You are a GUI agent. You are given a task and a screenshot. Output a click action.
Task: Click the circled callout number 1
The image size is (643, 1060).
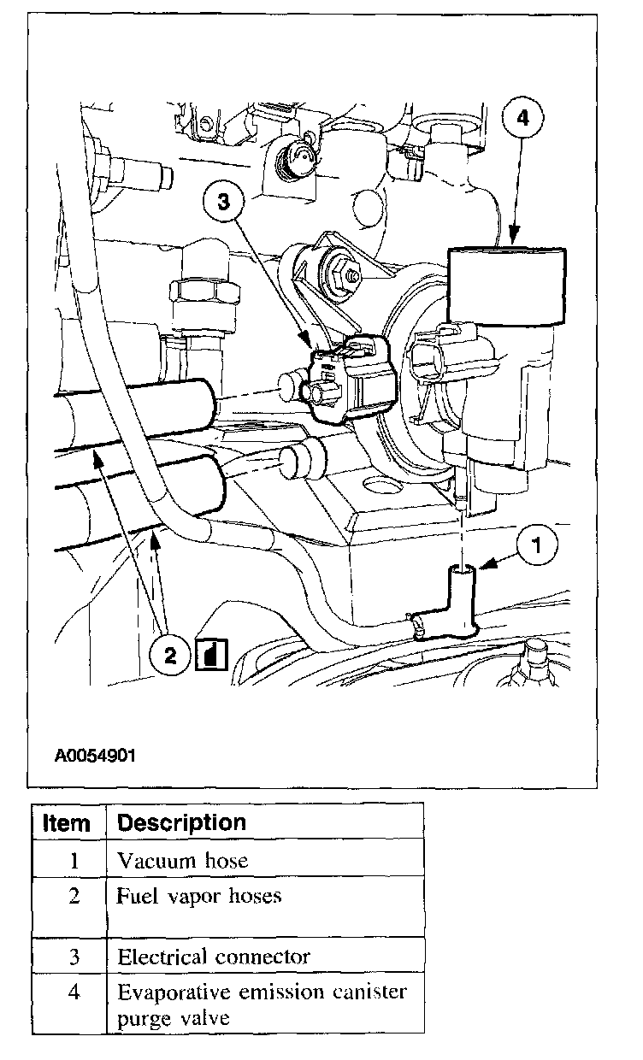click(x=536, y=545)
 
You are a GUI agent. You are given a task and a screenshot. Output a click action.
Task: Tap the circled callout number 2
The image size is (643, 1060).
click(x=170, y=655)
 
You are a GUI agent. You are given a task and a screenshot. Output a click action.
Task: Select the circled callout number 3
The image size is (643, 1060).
click(x=223, y=203)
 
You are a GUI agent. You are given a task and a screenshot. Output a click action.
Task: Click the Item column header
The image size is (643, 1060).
click(x=67, y=823)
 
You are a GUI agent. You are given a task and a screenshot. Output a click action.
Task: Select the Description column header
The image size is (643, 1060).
click(x=181, y=822)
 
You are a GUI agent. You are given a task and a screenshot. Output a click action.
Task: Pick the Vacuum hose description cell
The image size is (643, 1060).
click(x=183, y=860)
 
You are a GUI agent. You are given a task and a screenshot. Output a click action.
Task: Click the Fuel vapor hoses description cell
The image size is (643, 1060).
click(x=199, y=896)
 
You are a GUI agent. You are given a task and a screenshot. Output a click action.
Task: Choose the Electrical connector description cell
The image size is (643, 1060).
click(x=214, y=956)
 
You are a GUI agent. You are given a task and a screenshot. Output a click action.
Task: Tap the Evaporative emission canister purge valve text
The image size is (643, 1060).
click(x=262, y=1004)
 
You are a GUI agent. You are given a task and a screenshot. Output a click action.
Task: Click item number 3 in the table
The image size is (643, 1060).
click(x=74, y=957)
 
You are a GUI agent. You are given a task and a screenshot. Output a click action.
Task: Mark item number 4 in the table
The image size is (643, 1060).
click(x=74, y=993)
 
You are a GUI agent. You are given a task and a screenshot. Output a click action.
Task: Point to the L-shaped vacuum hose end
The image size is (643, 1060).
click(x=463, y=598)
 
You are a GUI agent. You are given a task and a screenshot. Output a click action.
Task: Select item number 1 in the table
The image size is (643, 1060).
click(x=74, y=861)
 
